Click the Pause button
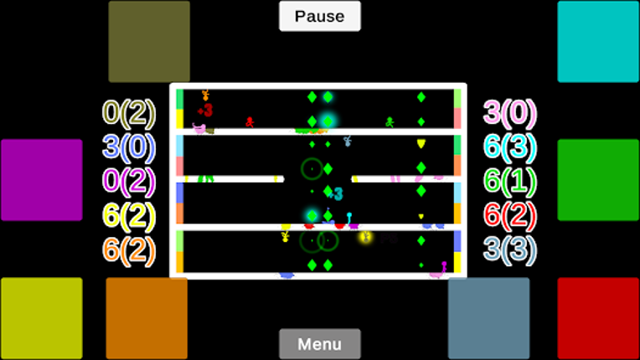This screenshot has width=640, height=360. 319,16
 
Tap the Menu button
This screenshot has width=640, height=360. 319,344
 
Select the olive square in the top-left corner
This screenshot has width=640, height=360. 149,42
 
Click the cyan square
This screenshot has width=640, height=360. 598,42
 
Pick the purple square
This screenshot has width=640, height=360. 42,180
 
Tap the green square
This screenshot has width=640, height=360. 598,180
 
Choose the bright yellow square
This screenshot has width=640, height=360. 42,318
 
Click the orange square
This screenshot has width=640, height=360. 147,318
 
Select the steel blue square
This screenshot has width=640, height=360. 489,318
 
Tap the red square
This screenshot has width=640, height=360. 598,318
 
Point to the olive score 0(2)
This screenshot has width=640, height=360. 129,112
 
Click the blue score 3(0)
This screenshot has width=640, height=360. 129,147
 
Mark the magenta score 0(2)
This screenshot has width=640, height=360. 129,181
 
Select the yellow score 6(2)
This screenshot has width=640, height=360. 129,216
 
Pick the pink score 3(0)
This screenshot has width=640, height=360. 510,112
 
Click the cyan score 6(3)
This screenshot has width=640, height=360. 510,147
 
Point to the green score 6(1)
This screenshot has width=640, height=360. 510,181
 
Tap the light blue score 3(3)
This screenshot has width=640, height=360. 510,249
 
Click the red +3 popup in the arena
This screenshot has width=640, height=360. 205,110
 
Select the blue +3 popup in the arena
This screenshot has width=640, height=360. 335,194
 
